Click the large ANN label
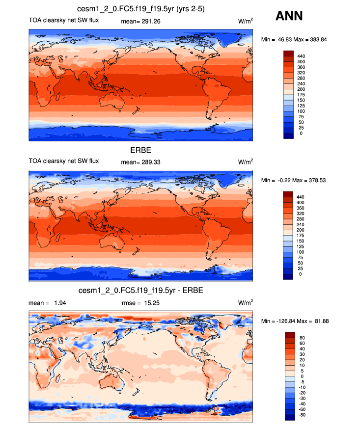click(289, 16)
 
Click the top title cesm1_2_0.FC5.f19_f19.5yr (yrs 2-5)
click(141, 9)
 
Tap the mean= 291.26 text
click(140, 21)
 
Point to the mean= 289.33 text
click(140, 161)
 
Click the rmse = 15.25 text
click(140, 303)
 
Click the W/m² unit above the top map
click(246, 21)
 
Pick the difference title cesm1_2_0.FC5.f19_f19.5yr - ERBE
click(140, 291)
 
